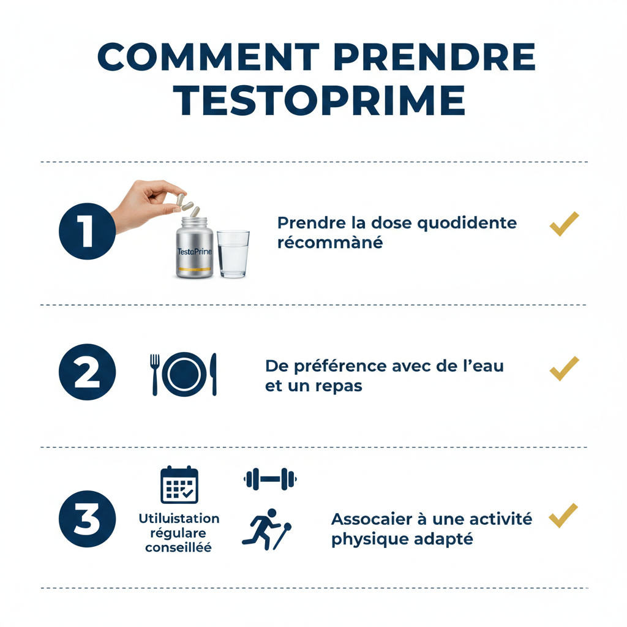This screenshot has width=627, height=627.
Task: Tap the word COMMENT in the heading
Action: [208, 57]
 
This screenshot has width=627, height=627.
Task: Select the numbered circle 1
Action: [87, 231]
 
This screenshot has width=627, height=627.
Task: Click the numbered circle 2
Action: [87, 372]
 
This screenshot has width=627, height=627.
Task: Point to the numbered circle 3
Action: [87, 519]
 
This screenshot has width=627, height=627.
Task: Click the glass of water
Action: [233, 254]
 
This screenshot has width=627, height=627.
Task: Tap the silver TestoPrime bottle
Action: [195, 247]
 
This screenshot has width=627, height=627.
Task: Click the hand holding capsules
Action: [148, 204]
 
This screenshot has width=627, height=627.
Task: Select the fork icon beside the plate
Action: [155, 374]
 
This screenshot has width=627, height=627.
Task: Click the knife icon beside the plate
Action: [214, 374]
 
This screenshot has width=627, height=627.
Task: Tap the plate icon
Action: [184, 374]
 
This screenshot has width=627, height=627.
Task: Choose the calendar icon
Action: [179, 485]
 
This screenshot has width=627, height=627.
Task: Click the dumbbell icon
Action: [270, 479]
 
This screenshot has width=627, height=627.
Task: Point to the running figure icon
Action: [267, 529]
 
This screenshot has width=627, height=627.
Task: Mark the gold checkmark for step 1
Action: [564, 224]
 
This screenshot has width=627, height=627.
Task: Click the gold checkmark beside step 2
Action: [564, 369]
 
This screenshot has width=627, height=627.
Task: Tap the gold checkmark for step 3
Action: [563, 516]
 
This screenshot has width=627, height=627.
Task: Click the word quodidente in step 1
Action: [467, 223]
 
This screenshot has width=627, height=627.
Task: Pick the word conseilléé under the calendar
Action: [178, 547]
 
